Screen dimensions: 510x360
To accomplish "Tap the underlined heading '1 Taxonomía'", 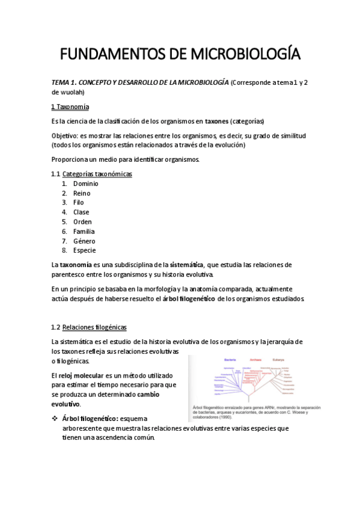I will (70, 107).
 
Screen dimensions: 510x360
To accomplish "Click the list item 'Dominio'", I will (86, 183).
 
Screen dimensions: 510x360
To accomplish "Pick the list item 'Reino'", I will (82, 193).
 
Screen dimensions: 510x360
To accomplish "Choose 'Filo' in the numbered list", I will (79, 203).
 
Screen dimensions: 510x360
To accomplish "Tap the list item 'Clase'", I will (81, 212).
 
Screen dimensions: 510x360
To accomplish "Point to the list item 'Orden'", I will (83, 222).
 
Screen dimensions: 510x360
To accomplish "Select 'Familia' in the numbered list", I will (84, 232).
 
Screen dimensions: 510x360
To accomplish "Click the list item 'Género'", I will (84, 241).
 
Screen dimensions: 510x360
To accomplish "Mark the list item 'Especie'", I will (85, 251).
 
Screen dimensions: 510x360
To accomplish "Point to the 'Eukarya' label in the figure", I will (278, 360).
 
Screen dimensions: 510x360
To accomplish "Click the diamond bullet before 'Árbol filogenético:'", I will (55, 418).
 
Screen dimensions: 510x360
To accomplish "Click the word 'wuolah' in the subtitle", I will (72, 92).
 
